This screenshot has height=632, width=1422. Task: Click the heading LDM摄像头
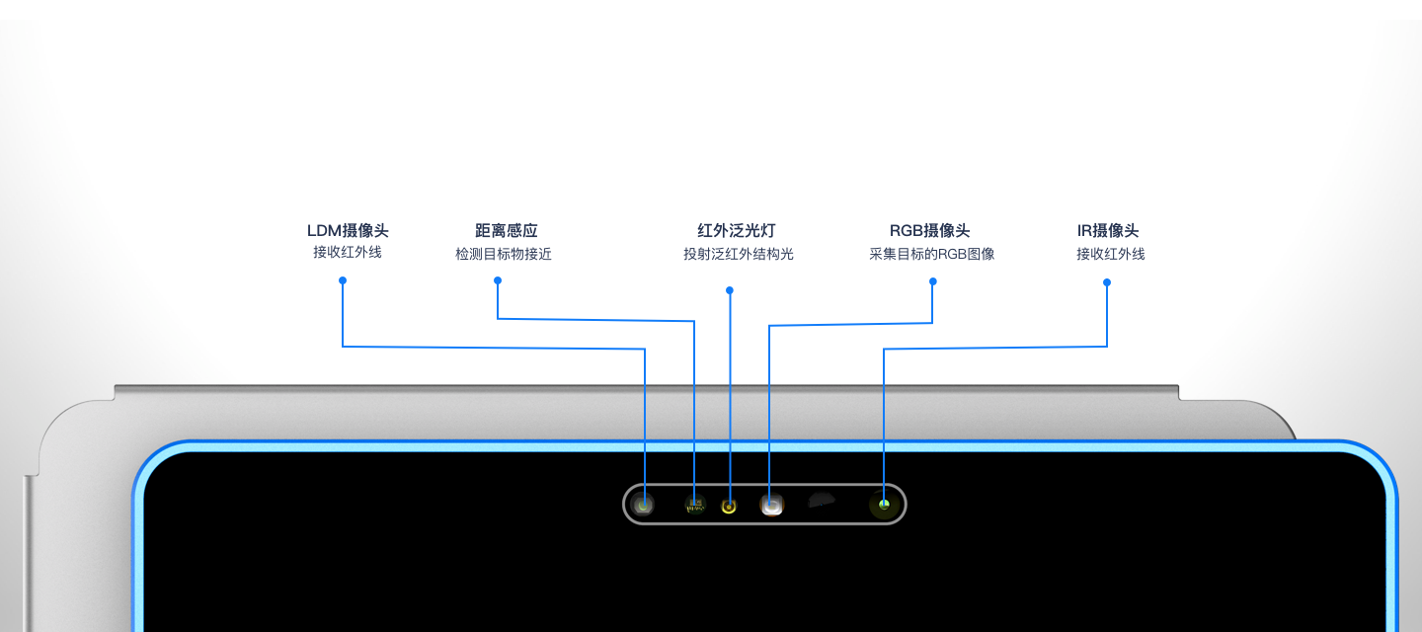pos(348,231)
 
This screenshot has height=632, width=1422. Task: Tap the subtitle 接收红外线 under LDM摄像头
pos(348,253)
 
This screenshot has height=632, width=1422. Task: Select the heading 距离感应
pos(507,231)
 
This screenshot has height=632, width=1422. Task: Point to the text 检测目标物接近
pos(504,255)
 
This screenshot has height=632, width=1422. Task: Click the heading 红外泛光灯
pos(730,231)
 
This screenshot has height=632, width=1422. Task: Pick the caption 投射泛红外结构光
pos(739,255)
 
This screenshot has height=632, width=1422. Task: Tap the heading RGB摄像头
pos(929,231)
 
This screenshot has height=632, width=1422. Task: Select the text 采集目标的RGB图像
pos(931,255)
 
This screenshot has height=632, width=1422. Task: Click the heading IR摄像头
pos(1108,231)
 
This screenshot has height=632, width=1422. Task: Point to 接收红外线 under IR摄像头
pos(1111,255)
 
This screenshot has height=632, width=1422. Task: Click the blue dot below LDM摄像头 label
pos(343,280)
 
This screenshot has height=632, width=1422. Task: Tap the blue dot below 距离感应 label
pos(498,280)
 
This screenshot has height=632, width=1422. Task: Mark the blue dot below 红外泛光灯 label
pos(730,290)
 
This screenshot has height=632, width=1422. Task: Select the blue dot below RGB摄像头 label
pos(933,281)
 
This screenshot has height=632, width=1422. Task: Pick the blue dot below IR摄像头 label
pos(1107,282)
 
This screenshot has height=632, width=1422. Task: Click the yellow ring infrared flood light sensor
pos(729,507)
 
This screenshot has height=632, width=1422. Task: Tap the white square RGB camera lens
pos(772,506)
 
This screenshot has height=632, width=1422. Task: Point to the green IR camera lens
pos(884,506)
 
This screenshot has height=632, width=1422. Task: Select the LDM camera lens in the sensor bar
pos(644,506)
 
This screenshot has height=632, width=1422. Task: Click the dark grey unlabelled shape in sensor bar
pos(822,502)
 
